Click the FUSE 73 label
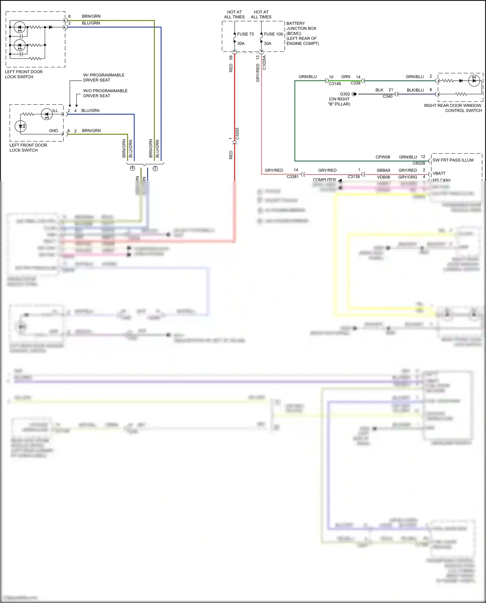pyautogui.click(x=245, y=34)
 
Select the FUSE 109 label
pyautogui.click(x=273, y=34)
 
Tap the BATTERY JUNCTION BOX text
pyautogui.click(x=301, y=26)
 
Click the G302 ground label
pyautogui.click(x=345, y=94)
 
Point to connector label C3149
pyautogui.click(x=335, y=84)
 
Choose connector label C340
pyautogui.click(x=388, y=96)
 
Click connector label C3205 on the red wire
pyautogui.click(x=237, y=133)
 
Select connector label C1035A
pyautogui.click(x=264, y=63)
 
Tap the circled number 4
pyautogui.click(x=132, y=168)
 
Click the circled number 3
pyautogui.click(x=155, y=168)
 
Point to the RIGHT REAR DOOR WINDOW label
pyautogui.click(x=453, y=106)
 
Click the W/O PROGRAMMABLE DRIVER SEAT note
pyautogui.click(x=105, y=93)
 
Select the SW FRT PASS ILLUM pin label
pyautogui.click(x=453, y=160)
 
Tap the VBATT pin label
pyautogui.click(x=439, y=173)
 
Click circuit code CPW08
pyautogui.click(x=383, y=157)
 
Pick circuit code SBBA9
pyautogui.click(x=383, y=170)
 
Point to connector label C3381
pyautogui.click(x=293, y=177)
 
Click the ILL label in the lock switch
pyautogui.click(x=55, y=111)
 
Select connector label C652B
pyautogui.click(x=419, y=163)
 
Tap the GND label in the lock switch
pyautogui.click(x=53, y=131)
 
